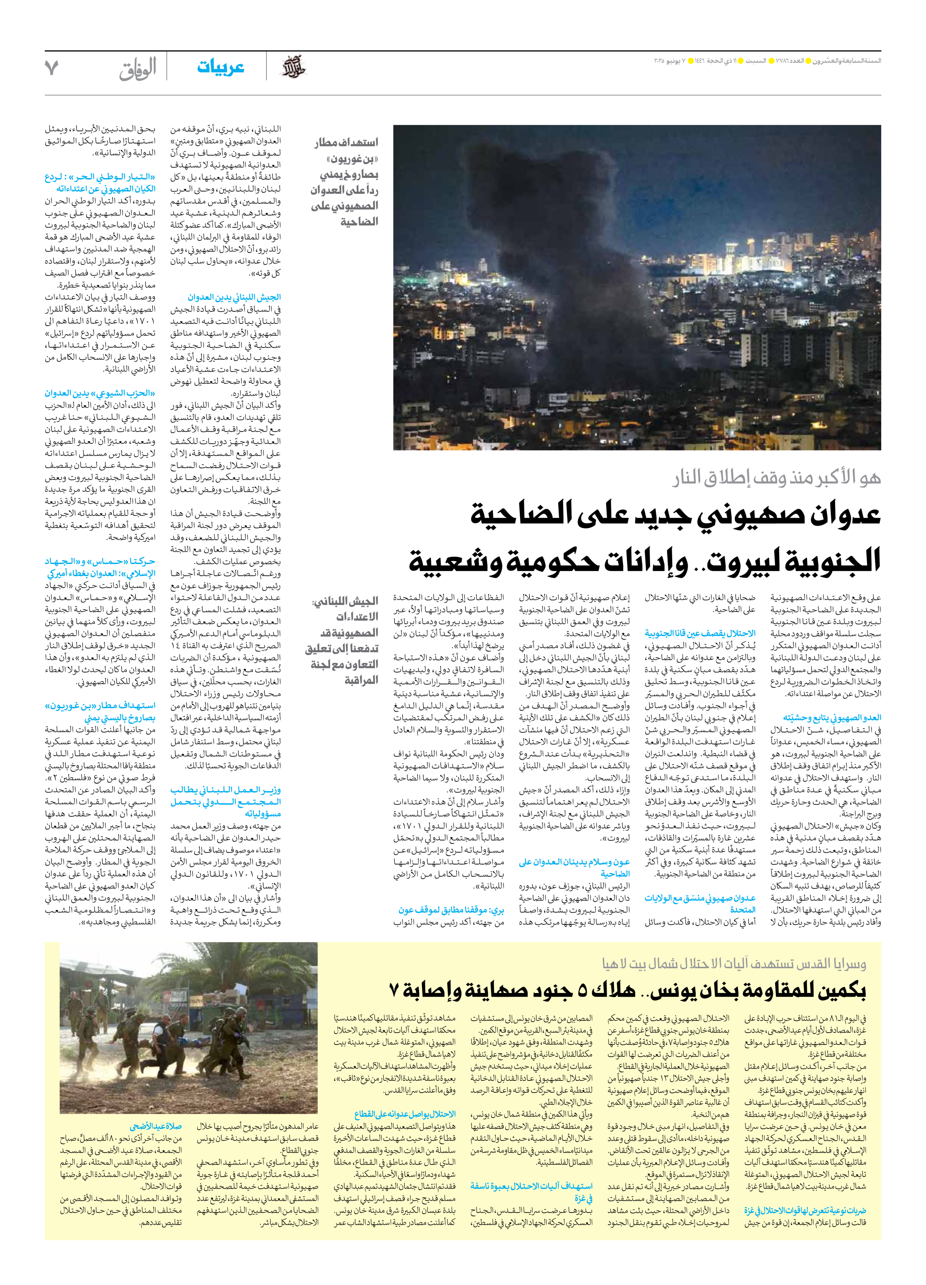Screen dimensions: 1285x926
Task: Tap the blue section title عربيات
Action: [220, 67]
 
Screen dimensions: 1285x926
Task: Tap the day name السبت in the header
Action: [756, 60]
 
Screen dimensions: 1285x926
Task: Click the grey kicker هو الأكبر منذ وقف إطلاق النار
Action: [776, 478]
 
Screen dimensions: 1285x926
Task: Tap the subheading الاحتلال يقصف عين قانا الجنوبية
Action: [700, 634]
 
